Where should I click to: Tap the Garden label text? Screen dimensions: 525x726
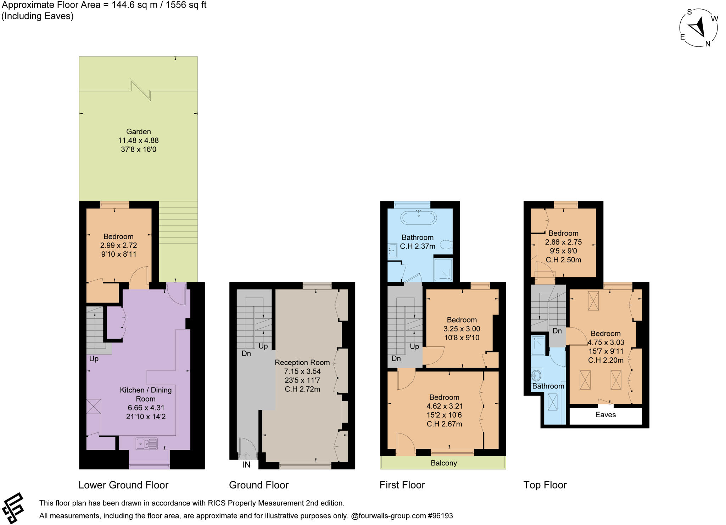point(138,132)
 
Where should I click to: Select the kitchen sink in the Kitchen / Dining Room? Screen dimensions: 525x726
point(146,443)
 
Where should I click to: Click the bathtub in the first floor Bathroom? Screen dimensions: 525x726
point(419,218)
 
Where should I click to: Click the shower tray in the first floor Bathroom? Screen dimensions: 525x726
point(443,270)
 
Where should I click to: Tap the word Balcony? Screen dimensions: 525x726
point(443,463)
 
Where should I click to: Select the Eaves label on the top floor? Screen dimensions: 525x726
point(605,415)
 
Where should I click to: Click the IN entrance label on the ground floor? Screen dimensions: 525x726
point(246,465)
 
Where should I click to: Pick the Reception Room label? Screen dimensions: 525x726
point(302,362)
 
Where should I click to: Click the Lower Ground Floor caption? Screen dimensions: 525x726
point(123,485)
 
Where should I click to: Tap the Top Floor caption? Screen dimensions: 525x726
point(545,485)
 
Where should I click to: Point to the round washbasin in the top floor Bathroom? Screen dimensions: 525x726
point(537,375)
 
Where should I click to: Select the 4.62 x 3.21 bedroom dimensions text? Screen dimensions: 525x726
point(444,406)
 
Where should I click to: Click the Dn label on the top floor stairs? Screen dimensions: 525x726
point(557,331)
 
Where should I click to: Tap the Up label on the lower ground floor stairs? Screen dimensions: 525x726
point(94,359)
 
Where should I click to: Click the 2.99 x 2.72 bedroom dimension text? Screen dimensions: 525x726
point(118,245)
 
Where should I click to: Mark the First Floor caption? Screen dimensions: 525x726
point(402,485)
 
